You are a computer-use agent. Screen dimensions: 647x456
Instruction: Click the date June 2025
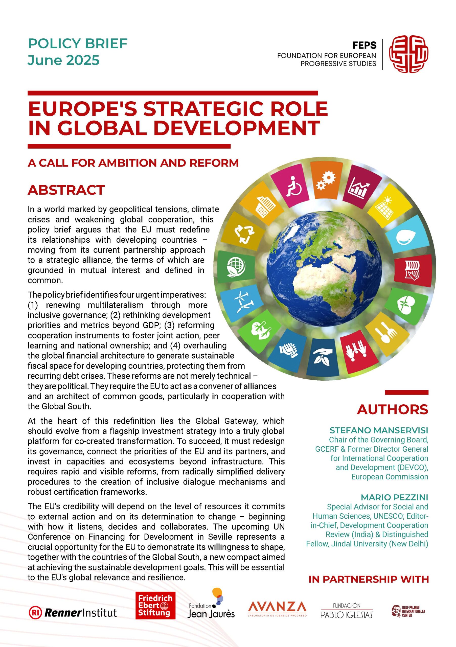click(x=63, y=60)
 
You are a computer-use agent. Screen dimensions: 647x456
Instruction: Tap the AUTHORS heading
click(x=392, y=409)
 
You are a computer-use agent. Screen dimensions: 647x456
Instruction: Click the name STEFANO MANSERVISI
click(x=379, y=430)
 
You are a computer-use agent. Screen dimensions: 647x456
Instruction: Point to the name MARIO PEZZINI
click(x=394, y=497)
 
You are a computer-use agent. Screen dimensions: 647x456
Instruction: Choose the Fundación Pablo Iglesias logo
click(x=347, y=611)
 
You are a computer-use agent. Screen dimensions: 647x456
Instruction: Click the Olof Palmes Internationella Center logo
click(x=408, y=611)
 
